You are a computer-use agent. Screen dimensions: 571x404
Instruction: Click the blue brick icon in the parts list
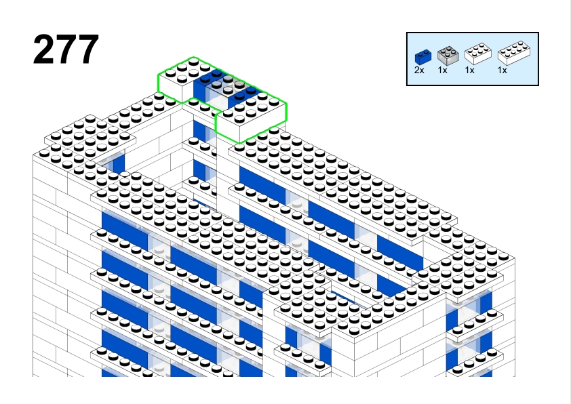tap(422, 58)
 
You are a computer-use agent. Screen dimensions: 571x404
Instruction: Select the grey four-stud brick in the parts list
tap(448, 56)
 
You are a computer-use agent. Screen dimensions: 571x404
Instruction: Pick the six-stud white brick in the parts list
tap(478, 54)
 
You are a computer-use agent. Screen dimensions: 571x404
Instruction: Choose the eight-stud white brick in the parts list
tap(514, 53)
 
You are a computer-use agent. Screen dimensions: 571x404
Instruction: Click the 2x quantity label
tap(419, 70)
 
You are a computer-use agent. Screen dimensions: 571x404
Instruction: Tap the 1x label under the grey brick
tap(442, 70)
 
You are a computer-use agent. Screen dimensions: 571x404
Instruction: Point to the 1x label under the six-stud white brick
tap(470, 70)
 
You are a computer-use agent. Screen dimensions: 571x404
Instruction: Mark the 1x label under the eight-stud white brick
tap(503, 70)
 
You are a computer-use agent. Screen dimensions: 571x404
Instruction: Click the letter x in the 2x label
tap(422, 71)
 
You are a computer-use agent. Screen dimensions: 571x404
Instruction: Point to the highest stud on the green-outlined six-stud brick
tap(193, 61)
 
